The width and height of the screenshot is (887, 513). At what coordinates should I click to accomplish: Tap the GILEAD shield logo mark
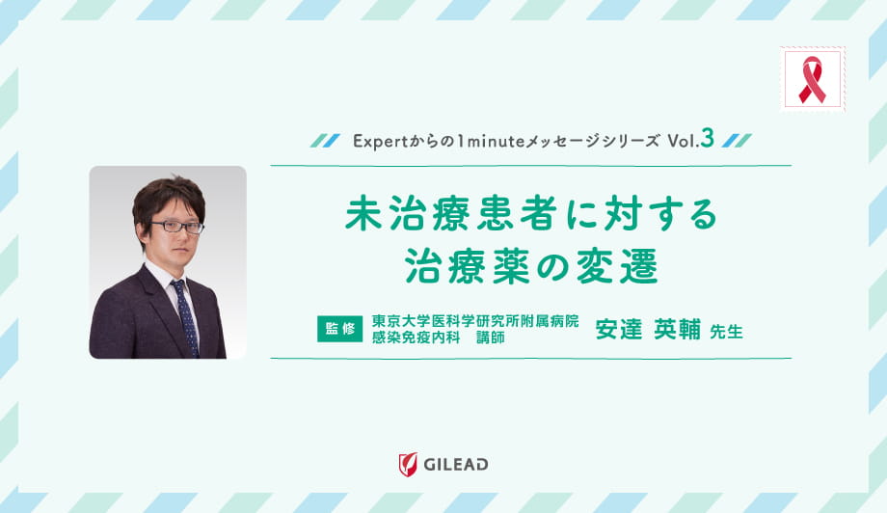408,465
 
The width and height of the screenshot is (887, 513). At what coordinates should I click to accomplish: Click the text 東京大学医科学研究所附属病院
475,321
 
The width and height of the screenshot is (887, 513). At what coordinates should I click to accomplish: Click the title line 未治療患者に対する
531,215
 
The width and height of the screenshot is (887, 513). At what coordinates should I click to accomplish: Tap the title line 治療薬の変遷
531,265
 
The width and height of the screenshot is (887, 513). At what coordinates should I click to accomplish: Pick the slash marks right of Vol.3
738,141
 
